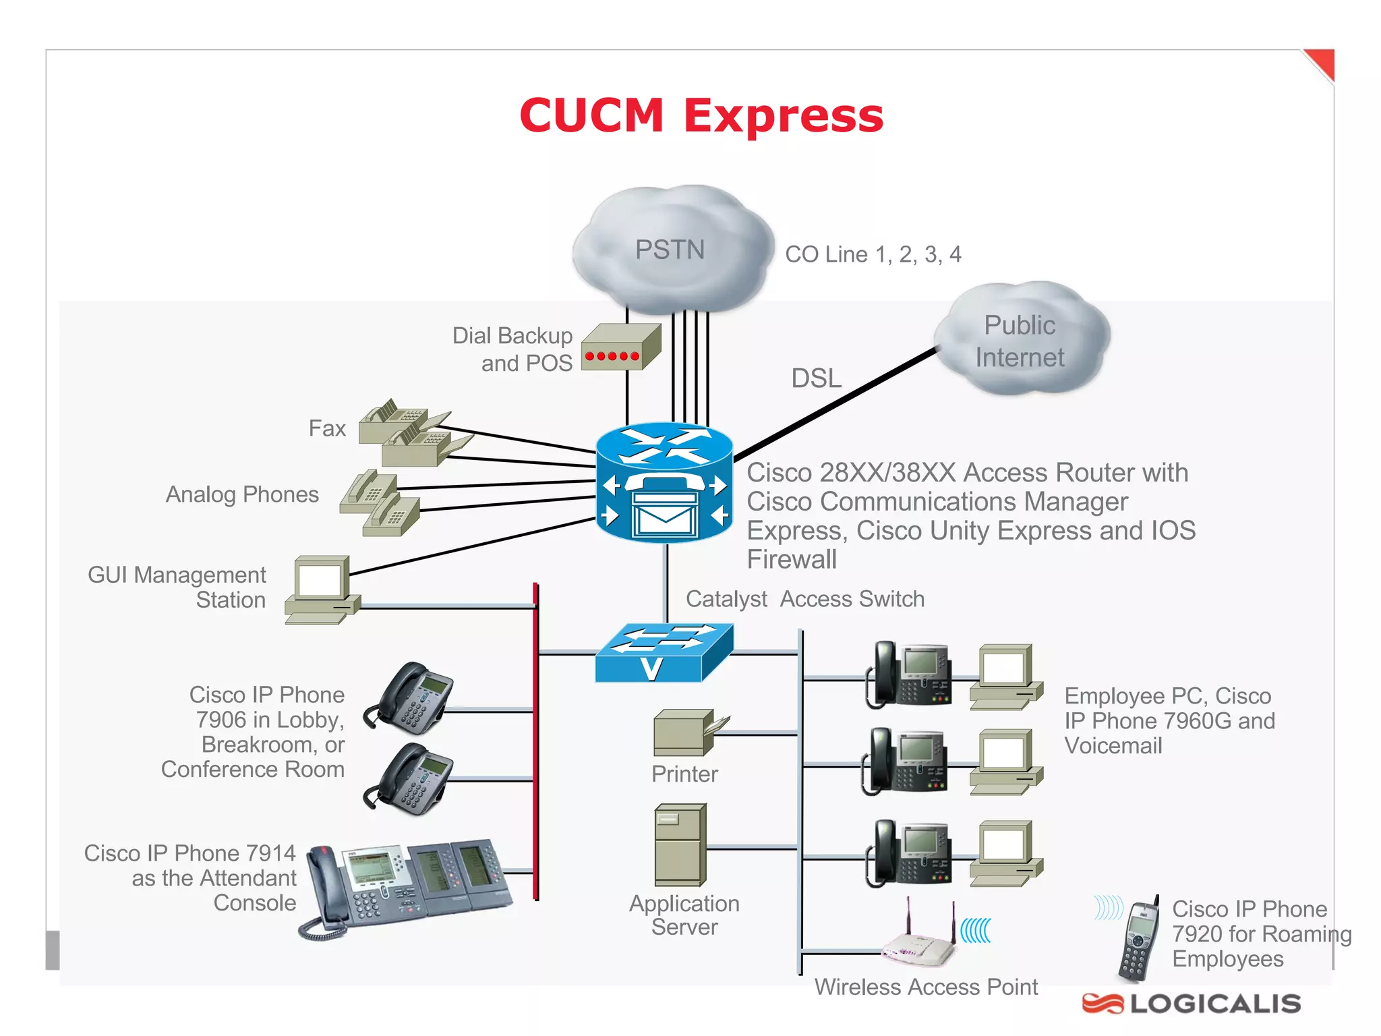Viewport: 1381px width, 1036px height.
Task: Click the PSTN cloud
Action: tap(671, 250)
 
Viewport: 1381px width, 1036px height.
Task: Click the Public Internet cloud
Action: tap(1020, 341)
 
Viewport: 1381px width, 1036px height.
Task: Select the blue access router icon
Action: tap(665, 482)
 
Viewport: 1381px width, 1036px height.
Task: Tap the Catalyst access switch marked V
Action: tap(664, 653)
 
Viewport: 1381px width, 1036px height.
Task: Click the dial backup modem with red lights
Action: tap(620, 347)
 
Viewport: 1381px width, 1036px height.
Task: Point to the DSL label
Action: tap(816, 378)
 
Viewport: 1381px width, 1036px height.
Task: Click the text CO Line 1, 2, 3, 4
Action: tap(873, 254)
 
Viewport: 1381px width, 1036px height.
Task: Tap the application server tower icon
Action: tap(680, 844)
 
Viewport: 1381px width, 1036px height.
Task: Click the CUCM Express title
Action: tap(701, 115)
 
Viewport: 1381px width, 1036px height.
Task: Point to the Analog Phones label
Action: tap(242, 494)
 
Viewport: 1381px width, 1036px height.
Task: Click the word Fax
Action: tap(327, 428)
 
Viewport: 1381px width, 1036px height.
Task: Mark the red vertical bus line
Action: tap(536, 742)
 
